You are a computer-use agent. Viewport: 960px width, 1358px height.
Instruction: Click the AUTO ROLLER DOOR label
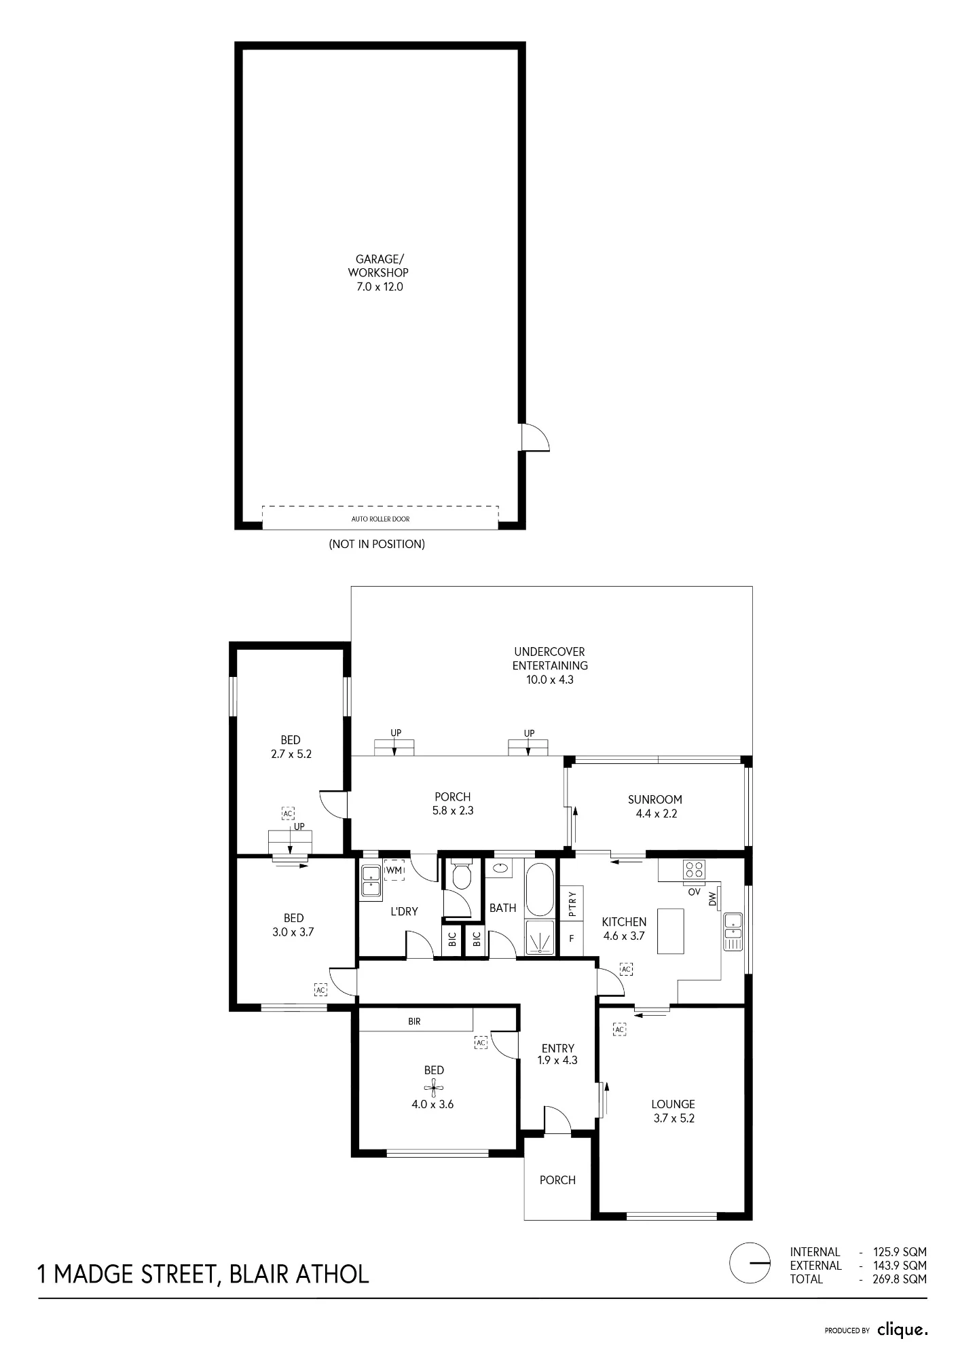click(x=380, y=519)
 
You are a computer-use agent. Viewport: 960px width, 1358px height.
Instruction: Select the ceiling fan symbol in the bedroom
click(x=434, y=1087)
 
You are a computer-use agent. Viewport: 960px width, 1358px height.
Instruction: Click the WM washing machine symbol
click(x=394, y=870)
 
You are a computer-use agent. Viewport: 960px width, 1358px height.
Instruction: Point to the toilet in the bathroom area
click(x=462, y=875)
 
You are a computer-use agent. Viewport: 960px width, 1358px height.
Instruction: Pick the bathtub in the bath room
click(x=540, y=889)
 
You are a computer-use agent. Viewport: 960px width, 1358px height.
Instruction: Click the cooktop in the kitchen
click(x=694, y=870)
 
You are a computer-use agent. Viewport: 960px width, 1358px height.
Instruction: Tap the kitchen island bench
click(x=670, y=930)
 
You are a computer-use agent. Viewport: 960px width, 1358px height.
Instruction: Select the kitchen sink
click(x=733, y=932)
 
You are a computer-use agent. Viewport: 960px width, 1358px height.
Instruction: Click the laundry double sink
click(x=371, y=881)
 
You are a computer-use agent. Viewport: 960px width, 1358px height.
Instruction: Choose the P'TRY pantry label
click(x=572, y=903)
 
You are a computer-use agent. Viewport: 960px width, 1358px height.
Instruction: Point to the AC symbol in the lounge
click(x=619, y=1029)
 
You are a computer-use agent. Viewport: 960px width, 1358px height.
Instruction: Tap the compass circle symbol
click(x=750, y=1263)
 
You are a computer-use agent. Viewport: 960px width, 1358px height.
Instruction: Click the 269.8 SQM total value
click(x=900, y=1279)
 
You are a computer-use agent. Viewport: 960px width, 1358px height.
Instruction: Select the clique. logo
click(x=902, y=1329)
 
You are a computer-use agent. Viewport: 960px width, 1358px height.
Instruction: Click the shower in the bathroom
click(x=540, y=938)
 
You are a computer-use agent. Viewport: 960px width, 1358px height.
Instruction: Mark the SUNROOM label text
click(x=655, y=799)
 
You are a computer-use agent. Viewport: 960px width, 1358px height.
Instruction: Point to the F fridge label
click(x=572, y=939)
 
